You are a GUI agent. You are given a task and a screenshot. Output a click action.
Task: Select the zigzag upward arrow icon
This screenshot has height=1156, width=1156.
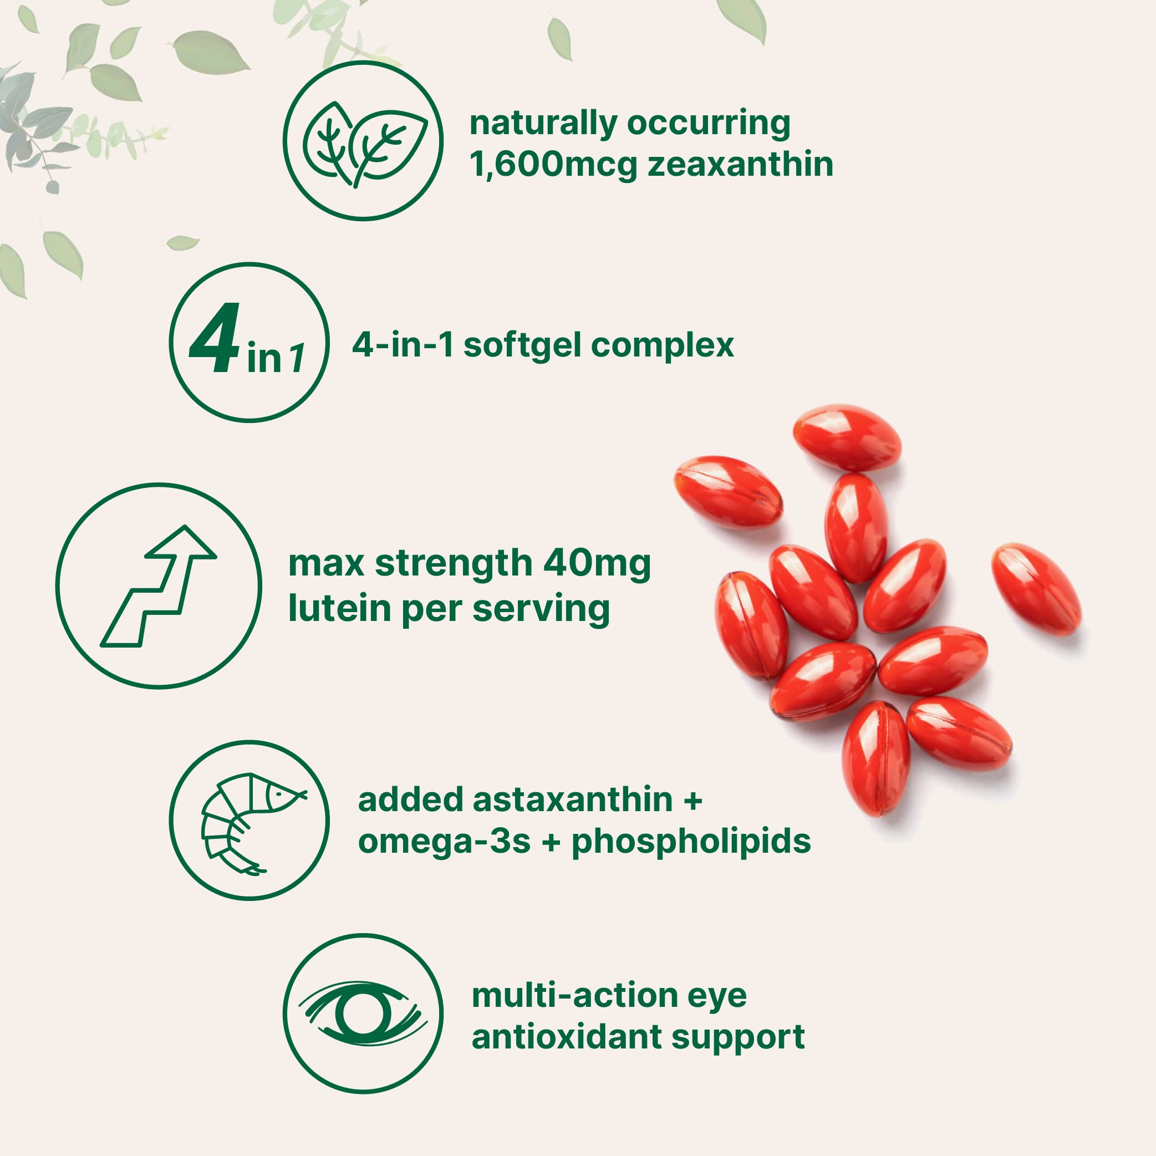point(159,586)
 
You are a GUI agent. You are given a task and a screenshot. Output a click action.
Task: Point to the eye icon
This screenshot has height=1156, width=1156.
point(363,1014)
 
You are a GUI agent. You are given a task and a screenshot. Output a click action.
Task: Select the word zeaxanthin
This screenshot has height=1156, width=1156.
point(740,164)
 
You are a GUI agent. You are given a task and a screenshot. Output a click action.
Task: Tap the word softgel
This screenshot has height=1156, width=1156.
point(522,345)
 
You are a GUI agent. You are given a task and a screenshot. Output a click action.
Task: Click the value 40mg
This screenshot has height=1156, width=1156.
point(597,564)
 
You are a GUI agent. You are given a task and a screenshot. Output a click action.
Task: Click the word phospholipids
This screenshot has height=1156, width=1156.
point(691,842)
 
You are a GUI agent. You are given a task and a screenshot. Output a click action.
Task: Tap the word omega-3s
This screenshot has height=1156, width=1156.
point(444,842)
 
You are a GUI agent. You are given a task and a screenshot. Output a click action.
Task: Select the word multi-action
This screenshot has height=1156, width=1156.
point(574,996)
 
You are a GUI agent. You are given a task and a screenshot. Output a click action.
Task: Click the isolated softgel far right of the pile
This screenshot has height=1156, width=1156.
point(1036,589)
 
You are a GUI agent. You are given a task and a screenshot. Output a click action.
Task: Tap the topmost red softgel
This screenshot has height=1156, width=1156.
point(847,437)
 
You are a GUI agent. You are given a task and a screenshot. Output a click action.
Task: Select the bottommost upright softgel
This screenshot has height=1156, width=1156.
point(875,758)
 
